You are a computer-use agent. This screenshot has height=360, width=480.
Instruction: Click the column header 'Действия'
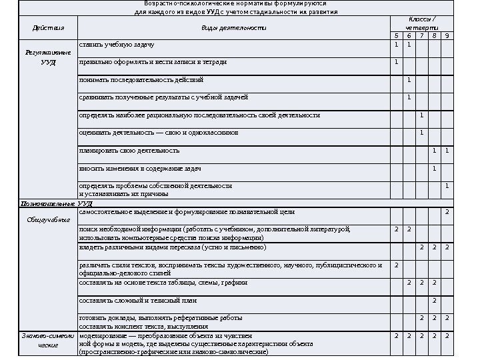(x=48, y=28)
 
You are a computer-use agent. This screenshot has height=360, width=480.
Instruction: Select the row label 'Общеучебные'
(x=48, y=219)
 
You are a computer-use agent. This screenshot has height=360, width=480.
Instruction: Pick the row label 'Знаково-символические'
(x=47, y=341)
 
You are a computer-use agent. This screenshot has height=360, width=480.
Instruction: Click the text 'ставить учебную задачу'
(x=117, y=45)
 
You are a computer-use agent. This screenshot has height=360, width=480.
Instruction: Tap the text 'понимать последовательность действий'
(x=141, y=80)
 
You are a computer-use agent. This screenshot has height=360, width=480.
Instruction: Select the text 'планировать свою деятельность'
(x=129, y=151)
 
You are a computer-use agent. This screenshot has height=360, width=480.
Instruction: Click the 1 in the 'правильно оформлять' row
(x=396, y=62)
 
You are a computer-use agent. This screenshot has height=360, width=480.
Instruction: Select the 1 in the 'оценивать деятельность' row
(x=421, y=133)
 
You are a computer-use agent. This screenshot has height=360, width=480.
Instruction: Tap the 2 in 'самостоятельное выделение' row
(x=447, y=212)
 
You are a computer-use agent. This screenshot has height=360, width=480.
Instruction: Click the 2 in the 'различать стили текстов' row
(x=396, y=265)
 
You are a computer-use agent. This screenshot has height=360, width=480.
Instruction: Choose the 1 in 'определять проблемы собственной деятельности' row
(x=447, y=185)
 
